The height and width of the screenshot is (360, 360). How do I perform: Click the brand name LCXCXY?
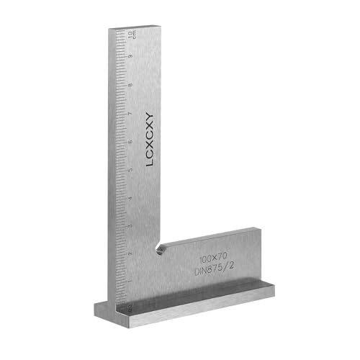point(150,140)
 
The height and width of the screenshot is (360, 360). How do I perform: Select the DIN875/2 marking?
point(215,269)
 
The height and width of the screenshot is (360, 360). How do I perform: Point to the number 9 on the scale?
point(130,56)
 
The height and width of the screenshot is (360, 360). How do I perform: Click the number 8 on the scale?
point(130,85)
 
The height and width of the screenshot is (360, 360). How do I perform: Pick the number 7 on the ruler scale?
point(130,113)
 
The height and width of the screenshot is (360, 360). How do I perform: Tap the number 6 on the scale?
point(130,142)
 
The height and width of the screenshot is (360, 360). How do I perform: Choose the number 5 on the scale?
point(130,170)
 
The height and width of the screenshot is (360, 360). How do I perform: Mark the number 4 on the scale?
point(130,198)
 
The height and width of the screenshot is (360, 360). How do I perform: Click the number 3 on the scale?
point(130,226)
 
